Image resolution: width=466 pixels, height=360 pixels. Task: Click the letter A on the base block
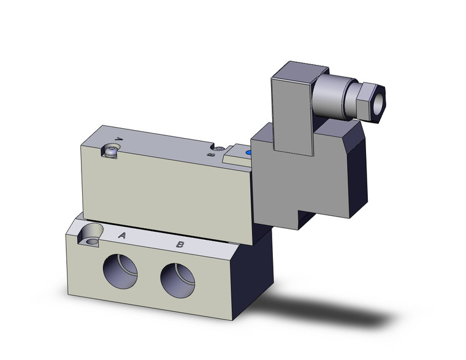tap(122, 236)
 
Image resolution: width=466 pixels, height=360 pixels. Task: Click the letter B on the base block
tap(180, 244)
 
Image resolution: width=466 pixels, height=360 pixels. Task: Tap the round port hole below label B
tap(178, 280)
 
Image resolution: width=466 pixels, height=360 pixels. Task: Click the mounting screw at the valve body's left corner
tap(111, 151)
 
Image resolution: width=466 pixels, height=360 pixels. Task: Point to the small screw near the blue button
tap(218, 147)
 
